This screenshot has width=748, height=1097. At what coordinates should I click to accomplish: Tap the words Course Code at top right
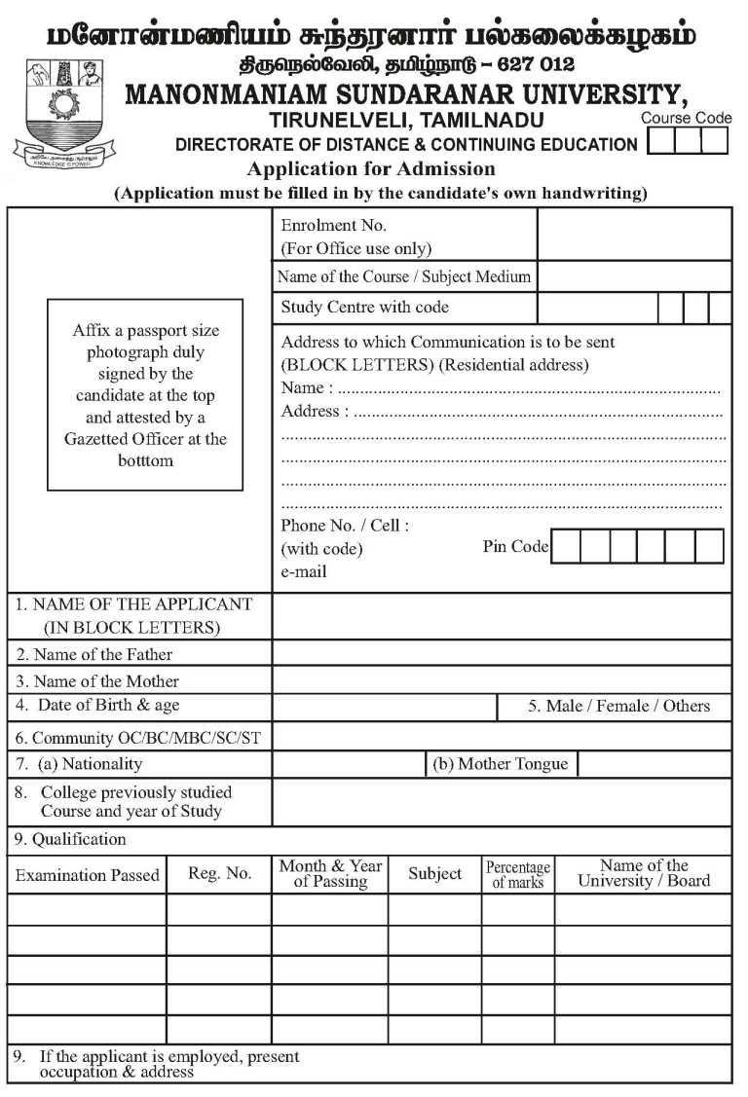click(686, 118)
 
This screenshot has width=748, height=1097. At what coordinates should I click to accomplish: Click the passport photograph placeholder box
click(145, 394)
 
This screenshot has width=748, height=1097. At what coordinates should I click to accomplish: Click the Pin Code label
click(515, 546)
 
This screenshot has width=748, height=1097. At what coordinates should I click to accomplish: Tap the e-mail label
click(304, 572)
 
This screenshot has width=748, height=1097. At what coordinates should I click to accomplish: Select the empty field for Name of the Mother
click(501, 679)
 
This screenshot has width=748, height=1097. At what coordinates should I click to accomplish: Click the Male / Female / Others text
click(618, 706)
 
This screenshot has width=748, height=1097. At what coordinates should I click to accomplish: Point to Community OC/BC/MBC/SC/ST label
click(137, 737)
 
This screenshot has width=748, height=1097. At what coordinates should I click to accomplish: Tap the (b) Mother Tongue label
click(500, 764)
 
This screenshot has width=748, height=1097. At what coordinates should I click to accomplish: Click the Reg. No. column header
click(219, 874)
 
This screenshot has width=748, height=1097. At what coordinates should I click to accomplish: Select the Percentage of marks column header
click(518, 874)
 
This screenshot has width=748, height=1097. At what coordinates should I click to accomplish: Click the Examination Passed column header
click(87, 875)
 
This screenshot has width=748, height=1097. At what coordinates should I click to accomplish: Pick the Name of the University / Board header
click(643, 873)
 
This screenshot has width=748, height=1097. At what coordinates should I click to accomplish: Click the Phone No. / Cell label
click(345, 526)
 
